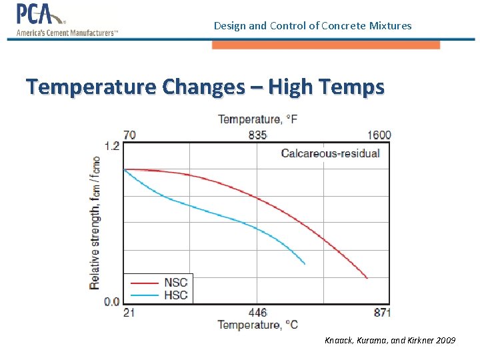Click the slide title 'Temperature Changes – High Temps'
(205, 87)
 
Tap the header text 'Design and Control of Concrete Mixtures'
(313, 26)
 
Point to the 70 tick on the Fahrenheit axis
(129, 135)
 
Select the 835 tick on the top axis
(257, 135)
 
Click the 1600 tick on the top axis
(379, 135)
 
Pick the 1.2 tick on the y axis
(111, 145)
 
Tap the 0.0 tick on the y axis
(111, 302)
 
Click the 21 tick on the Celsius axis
(129, 312)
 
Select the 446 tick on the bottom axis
(257, 312)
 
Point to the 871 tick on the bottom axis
(381, 312)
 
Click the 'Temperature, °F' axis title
(258, 120)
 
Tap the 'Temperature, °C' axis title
(258, 325)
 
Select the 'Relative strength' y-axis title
(95, 223)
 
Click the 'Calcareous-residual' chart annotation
(330, 153)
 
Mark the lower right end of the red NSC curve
(367, 277)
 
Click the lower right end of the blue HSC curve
(305, 264)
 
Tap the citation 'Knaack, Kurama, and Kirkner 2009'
(390, 341)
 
